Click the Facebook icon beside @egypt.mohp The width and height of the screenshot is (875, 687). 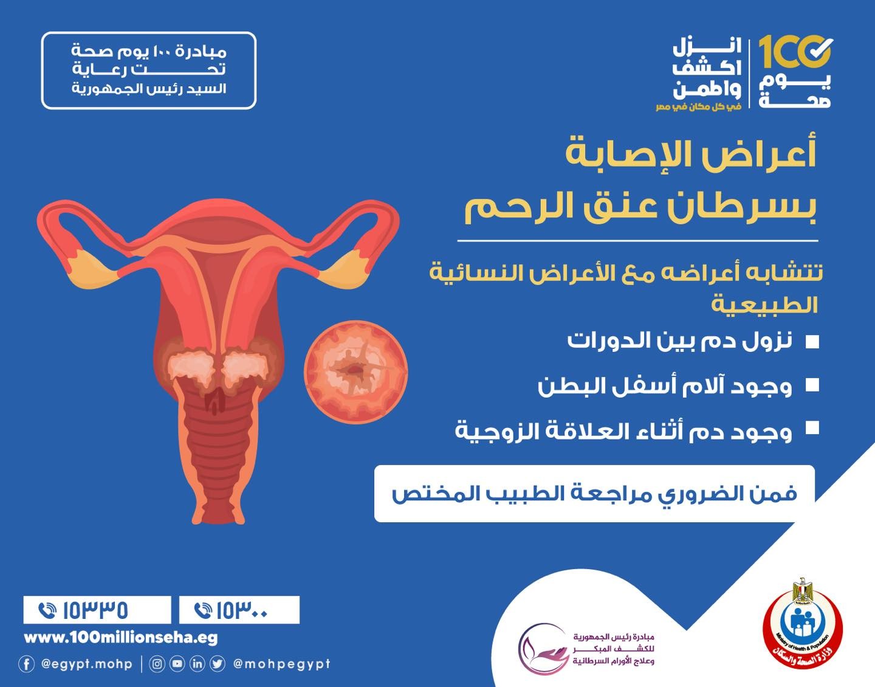pyautogui.click(x=27, y=664)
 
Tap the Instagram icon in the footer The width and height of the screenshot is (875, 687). pyautogui.click(x=157, y=664)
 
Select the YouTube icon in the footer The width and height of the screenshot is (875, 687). pyautogui.click(x=177, y=664)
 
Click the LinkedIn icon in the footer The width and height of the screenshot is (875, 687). pyautogui.click(x=197, y=664)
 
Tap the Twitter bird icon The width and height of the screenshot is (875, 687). pyautogui.click(x=218, y=664)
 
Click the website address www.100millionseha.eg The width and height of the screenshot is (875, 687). pyautogui.click(x=121, y=638)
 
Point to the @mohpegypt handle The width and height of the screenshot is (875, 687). pyautogui.click(x=282, y=665)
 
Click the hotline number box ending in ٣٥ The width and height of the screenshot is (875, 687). pyautogui.click(x=97, y=610)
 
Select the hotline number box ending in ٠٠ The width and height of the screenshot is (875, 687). pyautogui.click(x=239, y=610)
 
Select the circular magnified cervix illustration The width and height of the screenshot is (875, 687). pyautogui.click(x=355, y=371)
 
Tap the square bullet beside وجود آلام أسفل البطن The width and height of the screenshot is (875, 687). pyautogui.click(x=812, y=385)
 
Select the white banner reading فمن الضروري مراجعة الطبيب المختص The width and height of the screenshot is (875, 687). pyautogui.click(x=594, y=493)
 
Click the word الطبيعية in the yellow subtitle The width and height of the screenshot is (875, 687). pyautogui.click(x=764, y=305)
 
